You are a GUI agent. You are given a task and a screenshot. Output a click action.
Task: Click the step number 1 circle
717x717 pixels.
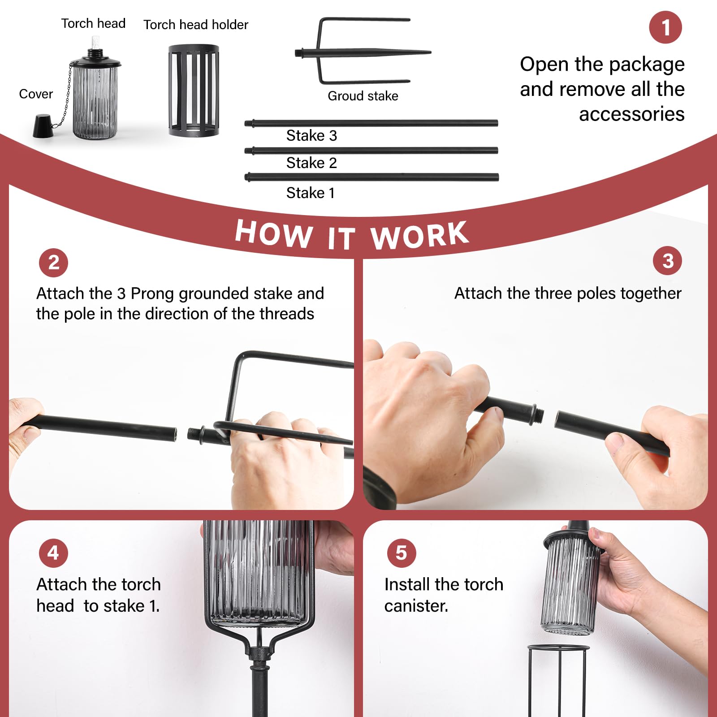tap(665, 27)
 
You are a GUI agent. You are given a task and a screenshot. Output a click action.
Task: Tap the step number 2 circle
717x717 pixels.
tap(53, 263)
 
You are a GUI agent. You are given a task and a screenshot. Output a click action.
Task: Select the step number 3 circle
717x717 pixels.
tap(667, 261)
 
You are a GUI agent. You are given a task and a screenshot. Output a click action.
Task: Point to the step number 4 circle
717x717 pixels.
tap(53, 553)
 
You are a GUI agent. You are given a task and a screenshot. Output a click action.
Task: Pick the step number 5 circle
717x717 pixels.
tap(402, 553)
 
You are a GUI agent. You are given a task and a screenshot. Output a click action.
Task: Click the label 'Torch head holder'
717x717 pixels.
tap(196, 25)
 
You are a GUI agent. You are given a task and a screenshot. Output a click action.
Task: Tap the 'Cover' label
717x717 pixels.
tap(36, 94)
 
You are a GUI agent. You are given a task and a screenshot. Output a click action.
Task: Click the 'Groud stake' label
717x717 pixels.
tap(363, 96)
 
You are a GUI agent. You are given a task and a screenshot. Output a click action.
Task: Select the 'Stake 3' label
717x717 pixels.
tap(311, 135)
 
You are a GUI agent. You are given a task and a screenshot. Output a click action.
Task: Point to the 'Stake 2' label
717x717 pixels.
tap(311, 163)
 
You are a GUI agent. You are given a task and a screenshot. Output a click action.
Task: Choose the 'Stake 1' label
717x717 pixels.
tap(311, 193)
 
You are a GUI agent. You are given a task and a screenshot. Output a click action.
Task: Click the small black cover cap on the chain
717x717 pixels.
tap(43, 126)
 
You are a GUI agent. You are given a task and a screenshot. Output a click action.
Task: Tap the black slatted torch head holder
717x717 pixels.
tap(194, 90)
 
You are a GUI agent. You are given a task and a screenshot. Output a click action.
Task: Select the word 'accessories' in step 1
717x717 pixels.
tap(632, 114)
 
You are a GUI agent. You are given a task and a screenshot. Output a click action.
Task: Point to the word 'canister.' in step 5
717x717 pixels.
tap(416, 606)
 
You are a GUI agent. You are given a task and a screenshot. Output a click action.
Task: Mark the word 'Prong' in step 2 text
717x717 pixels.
tap(152, 294)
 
